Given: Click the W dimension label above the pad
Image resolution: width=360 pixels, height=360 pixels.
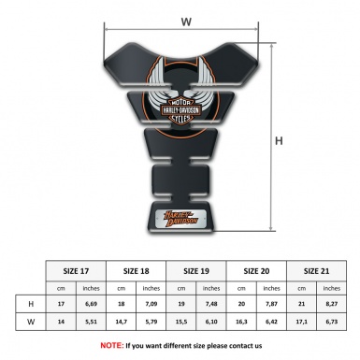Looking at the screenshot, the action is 187,20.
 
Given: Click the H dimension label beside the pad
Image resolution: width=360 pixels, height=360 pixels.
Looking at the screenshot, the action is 279,142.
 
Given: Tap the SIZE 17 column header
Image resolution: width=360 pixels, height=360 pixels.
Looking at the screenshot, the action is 77,271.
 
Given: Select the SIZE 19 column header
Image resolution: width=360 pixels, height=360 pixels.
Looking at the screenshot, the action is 197,271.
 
